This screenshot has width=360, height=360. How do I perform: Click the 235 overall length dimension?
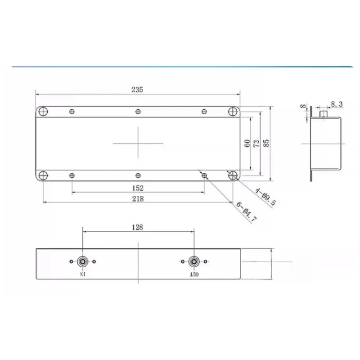pos(137,90)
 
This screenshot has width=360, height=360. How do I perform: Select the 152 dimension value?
pos(138,188)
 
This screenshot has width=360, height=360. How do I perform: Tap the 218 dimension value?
pos(138,198)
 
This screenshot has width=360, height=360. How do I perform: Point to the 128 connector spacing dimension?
pos(137,227)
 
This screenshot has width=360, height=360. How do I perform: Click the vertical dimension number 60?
pos(247,144)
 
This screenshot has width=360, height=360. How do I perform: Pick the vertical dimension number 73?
pos(256,144)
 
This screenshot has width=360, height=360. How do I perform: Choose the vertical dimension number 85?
pos(266,144)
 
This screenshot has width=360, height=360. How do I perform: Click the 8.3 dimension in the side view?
pos(337,104)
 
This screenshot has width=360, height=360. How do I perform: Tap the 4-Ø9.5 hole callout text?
pos(265,197)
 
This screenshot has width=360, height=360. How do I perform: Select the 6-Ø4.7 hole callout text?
pos(246,212)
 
